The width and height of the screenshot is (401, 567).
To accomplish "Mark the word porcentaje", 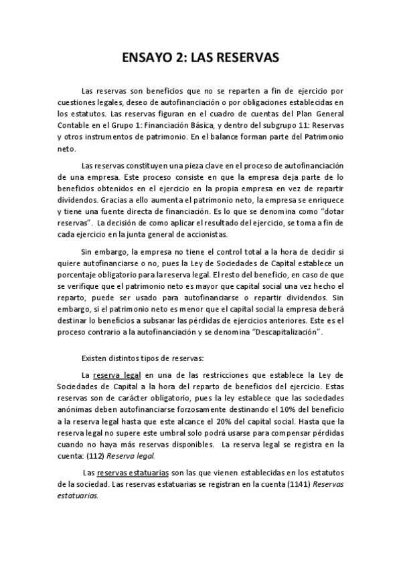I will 78,275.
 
